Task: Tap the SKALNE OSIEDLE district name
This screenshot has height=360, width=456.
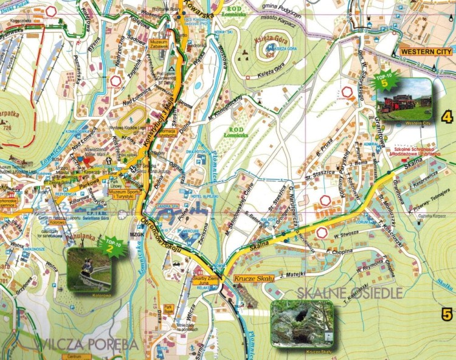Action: click(350, 293)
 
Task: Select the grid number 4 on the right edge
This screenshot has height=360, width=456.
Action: click(448, 116)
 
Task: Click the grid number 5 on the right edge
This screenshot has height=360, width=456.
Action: click(447, 314)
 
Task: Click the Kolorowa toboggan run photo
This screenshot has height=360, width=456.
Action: click(89, 269)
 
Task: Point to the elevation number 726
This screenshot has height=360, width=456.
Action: click(7, 128)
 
